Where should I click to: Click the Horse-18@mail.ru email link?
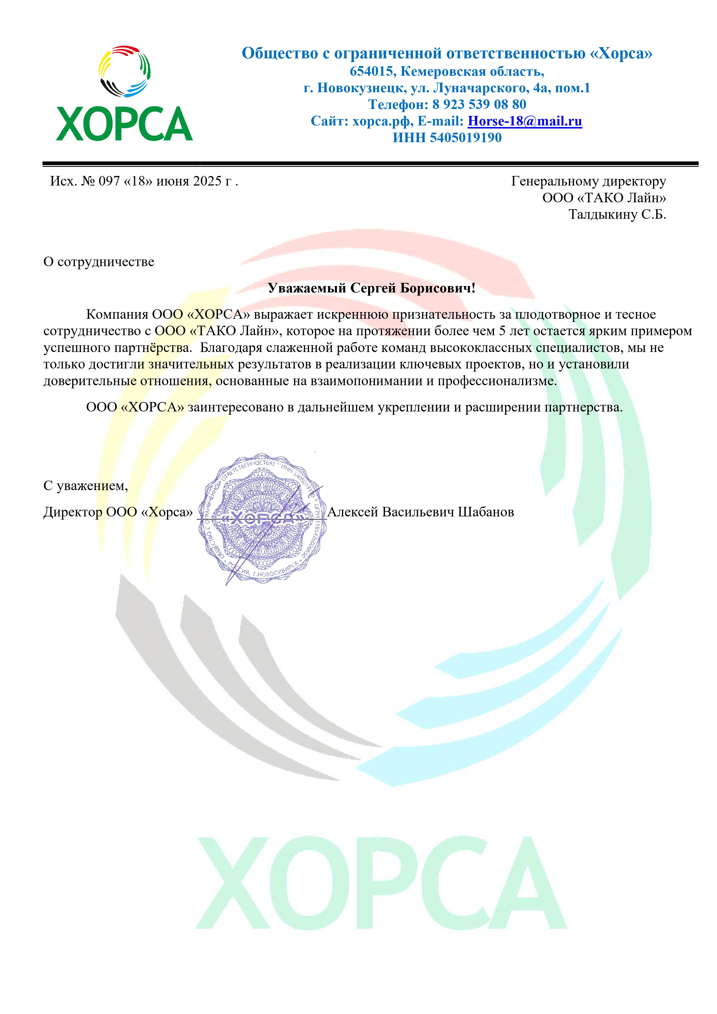click(x=525, y=121)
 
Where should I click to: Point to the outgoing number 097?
click(x=109, y=181)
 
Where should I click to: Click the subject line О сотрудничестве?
click(x=99, y=262)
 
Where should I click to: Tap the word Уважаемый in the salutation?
click(x=307, y=288)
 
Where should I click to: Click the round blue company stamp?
click(x=262, y=518)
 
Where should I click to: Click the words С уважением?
click(x=85, y=486)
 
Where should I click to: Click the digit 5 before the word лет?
click(x=502, y=331)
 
